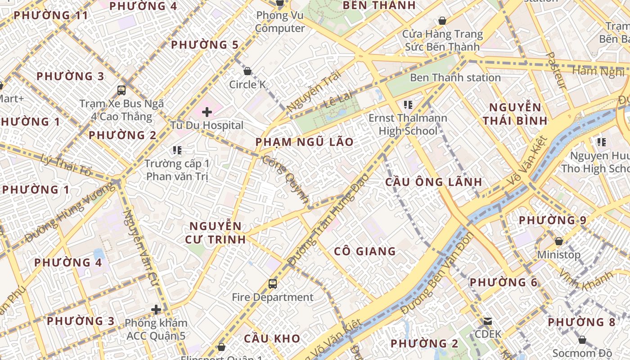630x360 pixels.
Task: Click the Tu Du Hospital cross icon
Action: pyautogui.click(x=207, y=112)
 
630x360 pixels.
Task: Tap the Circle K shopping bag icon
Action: pyautogui.click(x=247, y=71)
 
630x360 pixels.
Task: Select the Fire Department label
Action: pyautogui.click(x=273, y=297)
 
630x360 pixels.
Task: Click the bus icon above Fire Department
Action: pyautogui.click(x=273, y=284)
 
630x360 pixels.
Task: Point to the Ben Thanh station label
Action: pyautogui.click(x=455, y=77)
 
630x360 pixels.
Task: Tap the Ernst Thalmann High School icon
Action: pyautogui.click(x=408, y=105)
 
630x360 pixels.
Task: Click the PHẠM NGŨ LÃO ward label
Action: pyautogui.click(x=305, y=142)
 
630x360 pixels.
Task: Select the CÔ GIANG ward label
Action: pyautogui.click(x=365, y=252)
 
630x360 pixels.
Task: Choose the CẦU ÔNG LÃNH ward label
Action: pyautogui.click(x=434, y=182)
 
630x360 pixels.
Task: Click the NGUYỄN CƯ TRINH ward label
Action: pyautogui.click(x=216, y=233)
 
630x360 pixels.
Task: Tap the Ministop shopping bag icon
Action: pyautogui.click(x=559, y=242)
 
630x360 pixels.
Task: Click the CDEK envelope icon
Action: pyautogui.click(x=488, y=321)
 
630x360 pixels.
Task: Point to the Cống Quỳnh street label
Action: pyautogui.click(x=286, y=180)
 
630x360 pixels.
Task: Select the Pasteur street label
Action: pyautogui.click(x=556, y=70)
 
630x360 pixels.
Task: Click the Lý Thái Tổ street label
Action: pyautogui.click(x=66, y=165)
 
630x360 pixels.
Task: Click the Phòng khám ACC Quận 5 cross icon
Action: pyautogui.click(x=156, y=310)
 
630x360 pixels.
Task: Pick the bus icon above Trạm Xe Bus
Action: pyautogui.click(x=121, y=90)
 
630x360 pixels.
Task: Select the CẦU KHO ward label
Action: pyautogui.click(x=272, y=338)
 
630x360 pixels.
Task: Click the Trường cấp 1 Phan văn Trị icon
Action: pyautogui.click(x=177, y=150)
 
